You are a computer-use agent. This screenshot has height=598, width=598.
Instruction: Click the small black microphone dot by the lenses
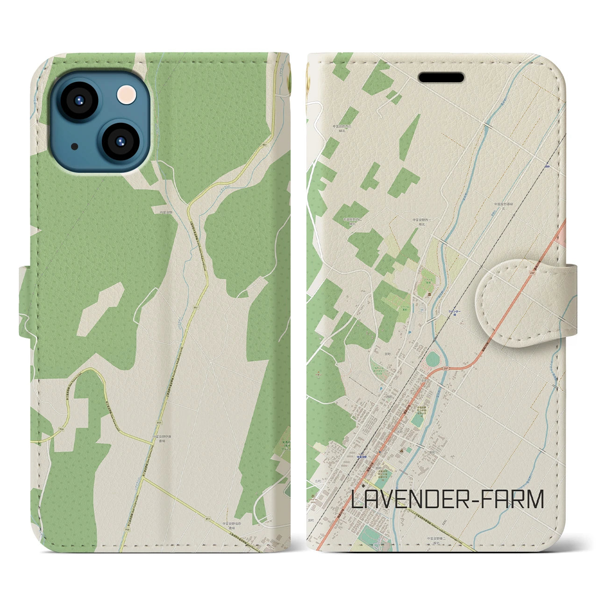point(75,147)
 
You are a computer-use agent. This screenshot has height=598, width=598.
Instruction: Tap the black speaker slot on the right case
point(441,77)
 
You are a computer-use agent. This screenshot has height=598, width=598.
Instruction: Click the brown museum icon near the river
point(429,294)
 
